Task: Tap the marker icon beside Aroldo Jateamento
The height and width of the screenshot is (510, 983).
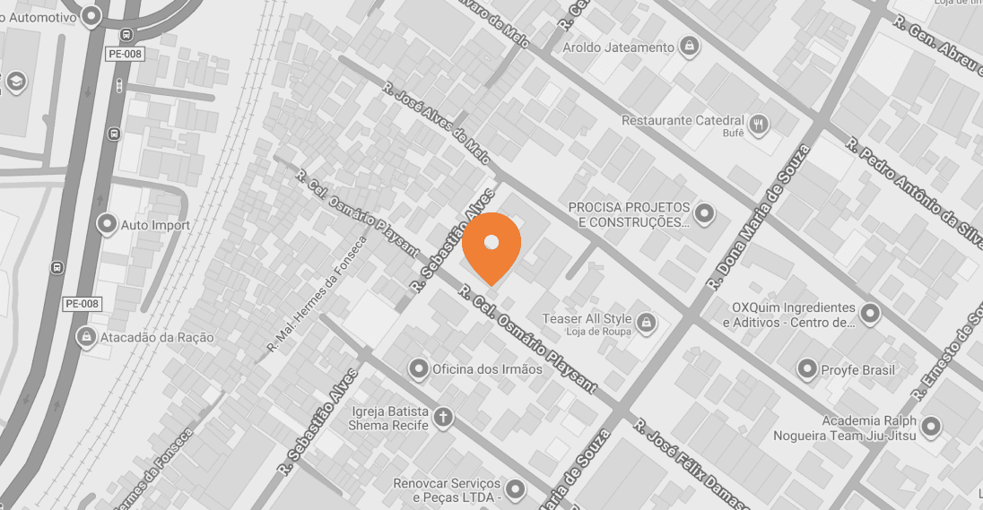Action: coord(689,46)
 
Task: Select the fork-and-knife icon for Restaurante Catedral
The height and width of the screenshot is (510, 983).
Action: coord(759,124)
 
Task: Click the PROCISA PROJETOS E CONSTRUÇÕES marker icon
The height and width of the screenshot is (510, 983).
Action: coord(705,213)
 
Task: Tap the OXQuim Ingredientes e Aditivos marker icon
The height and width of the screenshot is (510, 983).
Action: coord(870,314)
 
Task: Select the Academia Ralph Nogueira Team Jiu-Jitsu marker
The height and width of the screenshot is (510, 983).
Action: coord(931,428)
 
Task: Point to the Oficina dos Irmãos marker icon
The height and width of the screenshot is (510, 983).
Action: coord(418,368)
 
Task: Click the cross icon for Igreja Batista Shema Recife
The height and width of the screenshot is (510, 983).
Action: coord(442,417)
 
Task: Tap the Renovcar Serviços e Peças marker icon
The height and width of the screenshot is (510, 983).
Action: coord(515,489)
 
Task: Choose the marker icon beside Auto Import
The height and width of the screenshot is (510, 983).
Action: coord(108,224)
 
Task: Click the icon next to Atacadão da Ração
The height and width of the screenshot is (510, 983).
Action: coord(86,337)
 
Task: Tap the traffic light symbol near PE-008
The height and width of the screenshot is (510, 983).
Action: coord(119,86)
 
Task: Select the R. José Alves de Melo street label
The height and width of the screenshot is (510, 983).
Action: coord(436,123)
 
